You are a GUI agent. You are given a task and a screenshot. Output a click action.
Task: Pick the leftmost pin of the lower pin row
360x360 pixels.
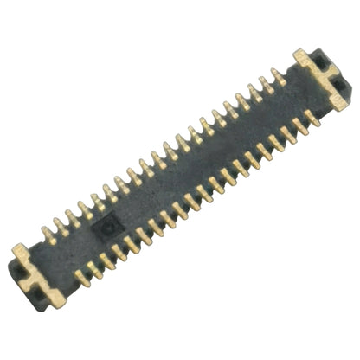(x=81, y=278)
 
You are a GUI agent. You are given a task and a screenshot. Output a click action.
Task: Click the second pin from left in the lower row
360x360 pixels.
(x=94, y=269)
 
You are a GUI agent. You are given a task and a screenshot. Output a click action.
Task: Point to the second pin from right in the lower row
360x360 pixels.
(x=299, y=125)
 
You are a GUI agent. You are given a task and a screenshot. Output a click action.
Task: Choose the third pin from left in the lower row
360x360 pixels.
(x=106, y=260)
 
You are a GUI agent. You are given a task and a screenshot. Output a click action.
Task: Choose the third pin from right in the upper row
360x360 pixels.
(x=254, y=93)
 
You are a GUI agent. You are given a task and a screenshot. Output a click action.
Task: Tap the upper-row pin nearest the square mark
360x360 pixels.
(x=98, y=202)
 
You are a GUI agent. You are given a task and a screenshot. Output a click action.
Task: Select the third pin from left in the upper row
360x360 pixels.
(x=73, y=218)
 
